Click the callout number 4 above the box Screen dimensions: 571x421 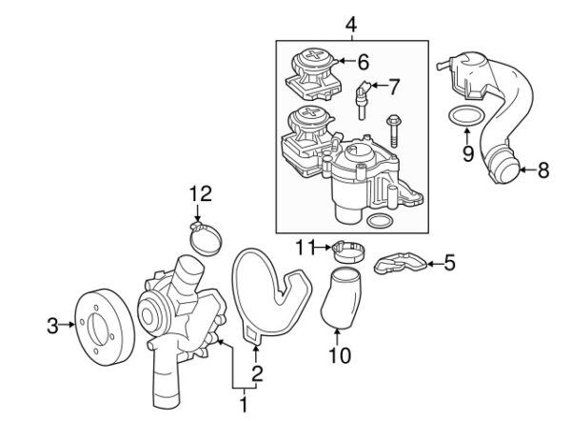(350, 25)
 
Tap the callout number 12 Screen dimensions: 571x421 (200, 193)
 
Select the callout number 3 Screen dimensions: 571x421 (52, 326)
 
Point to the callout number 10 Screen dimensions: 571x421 (340, 355)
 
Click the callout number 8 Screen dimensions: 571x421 (543, 170)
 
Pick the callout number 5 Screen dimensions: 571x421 (450, 263)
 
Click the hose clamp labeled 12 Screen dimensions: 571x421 (205, 238)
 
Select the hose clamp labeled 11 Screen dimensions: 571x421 (349, 251)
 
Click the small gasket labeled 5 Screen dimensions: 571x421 (400, 263)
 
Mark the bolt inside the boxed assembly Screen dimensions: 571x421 (394, 131)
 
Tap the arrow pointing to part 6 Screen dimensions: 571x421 (346, 61)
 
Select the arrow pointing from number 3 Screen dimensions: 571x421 (67, 324)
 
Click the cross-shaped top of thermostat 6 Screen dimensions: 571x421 (313, 55)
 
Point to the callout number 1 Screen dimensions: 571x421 (244, 405)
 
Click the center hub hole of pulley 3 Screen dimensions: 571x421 (99, 329)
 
